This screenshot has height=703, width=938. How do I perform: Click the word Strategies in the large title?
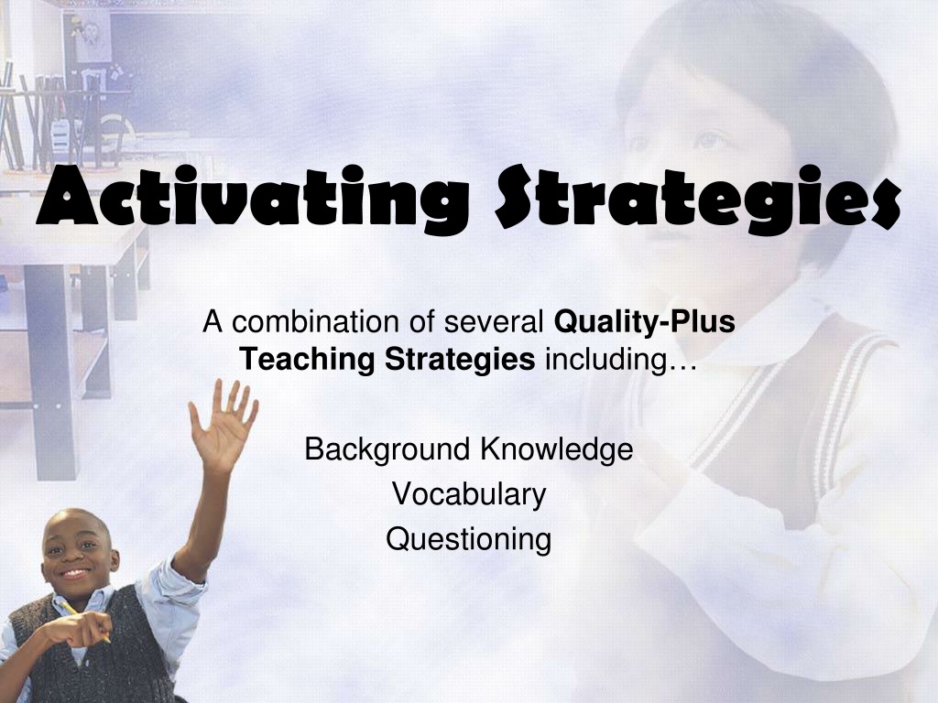point(697,198)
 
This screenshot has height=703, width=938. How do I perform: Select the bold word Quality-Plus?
point(644,323)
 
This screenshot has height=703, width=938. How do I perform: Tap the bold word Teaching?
point(307,360)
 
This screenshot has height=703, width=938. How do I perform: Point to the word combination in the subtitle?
point(316,322)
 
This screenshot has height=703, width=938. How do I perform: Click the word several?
point(493,323)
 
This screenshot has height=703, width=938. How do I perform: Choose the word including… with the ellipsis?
point(621,360)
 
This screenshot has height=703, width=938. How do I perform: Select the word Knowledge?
point(557,449)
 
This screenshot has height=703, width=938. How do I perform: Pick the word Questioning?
point(468,539)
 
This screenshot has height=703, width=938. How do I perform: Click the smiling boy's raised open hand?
point(224,426)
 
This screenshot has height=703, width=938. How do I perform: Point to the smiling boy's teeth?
point(75,573)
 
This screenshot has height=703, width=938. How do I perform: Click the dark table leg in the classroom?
point(52,372)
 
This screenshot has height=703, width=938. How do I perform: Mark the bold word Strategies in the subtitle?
point(460,360)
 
